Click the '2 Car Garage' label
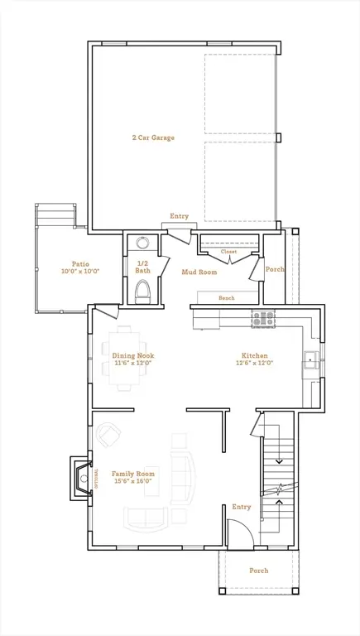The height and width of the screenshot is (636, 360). (152, 137)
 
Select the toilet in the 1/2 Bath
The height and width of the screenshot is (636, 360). (142, 291)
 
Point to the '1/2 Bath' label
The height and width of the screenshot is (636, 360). (142, 267)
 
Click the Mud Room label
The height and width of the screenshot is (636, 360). (199, 272)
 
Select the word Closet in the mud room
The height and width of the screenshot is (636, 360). (228, 251)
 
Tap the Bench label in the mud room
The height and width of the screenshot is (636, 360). (226, 298)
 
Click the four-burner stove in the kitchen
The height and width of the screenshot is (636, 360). (262, 318)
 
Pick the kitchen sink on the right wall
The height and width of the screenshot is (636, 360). (310, 359)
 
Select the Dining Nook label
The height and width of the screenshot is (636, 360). (133, 355)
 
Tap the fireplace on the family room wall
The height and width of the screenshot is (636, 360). (83, 479)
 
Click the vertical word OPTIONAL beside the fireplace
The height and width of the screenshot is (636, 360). (97, 479)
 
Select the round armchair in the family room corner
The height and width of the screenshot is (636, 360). (108, 434)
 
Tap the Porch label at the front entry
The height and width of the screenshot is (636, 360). (258, 571)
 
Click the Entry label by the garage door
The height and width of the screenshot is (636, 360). (180, 216)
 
